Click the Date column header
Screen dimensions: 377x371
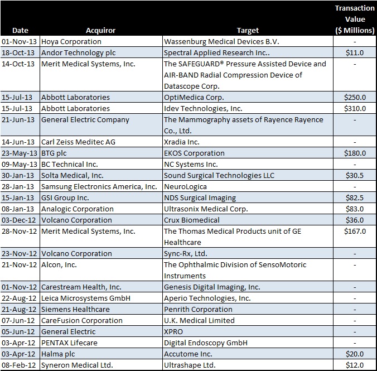click(20, 31)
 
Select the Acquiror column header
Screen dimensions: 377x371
click(101, 31)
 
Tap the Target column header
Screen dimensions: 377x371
click(248, 31)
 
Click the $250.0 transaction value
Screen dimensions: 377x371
click(355, 97)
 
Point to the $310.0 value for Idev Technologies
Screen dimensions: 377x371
click(355, 108)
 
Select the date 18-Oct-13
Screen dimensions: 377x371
click(18, 52)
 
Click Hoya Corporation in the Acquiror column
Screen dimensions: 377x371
click(71, 42)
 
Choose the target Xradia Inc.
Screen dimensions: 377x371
click(181, 142)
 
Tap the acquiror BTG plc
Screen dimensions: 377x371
click(54, 153)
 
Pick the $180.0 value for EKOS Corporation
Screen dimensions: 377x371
click(355, 153)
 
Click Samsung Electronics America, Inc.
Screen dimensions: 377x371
click(99, 187)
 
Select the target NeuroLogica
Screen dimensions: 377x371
click(185, 187)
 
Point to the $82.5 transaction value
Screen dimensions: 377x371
click(355, 197)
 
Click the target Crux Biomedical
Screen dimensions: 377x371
click(192, 220)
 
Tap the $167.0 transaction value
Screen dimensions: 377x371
click(355, 231)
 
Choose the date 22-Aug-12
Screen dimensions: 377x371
click(19, 298)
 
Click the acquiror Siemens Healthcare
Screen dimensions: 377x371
click(75, 310)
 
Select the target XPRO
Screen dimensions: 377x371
click(173, 332)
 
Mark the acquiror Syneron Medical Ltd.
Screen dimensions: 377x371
click(77, 365)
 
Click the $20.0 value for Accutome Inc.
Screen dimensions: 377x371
click(355, 354)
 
